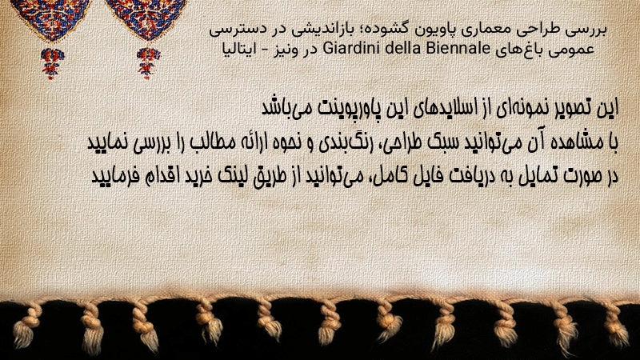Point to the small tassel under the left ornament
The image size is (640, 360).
click(52, 63)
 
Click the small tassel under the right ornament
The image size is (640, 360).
click(148, 63)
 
